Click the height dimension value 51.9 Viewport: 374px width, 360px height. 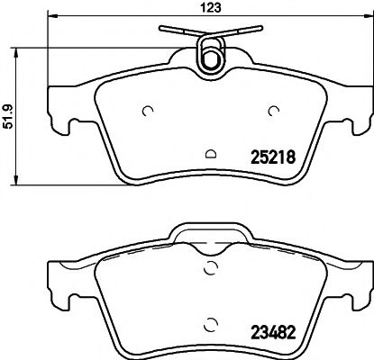tap(8, 117)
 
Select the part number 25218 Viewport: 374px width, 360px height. tap(273, 157)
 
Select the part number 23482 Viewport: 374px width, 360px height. tap(273, 332)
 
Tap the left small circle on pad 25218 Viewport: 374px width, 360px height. tap(148, 112)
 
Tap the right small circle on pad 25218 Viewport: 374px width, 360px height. tap(274, 112)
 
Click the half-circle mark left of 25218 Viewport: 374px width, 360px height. tap(211, 154)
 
